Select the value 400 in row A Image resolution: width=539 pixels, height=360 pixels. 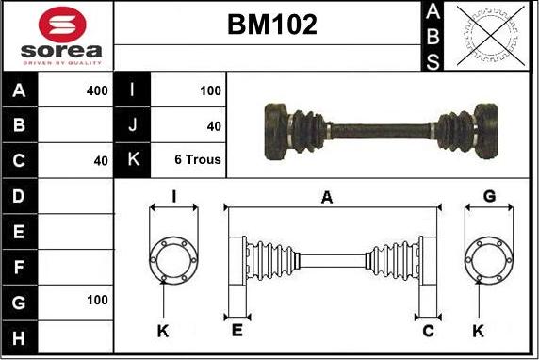pos(96,90)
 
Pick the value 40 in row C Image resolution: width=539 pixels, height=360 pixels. pos(101,160)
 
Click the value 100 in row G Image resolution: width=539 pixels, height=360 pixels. pos(96,301)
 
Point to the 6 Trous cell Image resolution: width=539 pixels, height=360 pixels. pos(198,159)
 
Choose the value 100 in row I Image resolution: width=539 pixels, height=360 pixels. pos(210,90)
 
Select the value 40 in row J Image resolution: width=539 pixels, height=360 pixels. pos(214,125)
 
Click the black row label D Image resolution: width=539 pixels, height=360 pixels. pos(20,196)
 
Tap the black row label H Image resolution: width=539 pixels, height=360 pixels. pos(20,336)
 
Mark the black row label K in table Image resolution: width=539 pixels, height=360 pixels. pos(132,160)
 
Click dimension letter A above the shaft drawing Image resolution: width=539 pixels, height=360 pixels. pos(327,197)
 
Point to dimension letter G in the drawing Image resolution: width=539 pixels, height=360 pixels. pos(489,196)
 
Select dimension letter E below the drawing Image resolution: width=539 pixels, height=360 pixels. pos(237,330)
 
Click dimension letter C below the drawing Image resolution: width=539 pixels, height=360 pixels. pos(428,330)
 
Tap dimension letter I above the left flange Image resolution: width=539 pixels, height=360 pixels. pos(173,196)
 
